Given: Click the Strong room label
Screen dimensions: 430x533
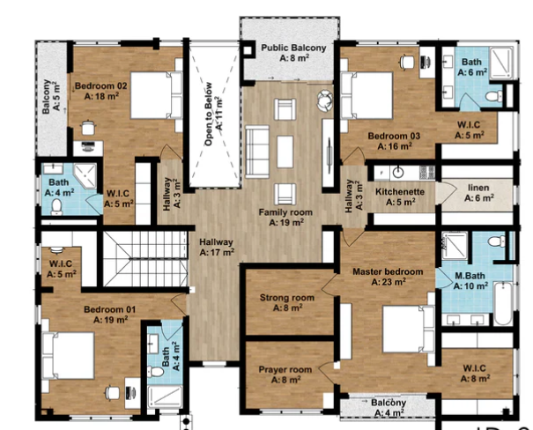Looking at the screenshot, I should [286, 303].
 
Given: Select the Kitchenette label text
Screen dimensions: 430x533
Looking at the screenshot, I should [401, 196].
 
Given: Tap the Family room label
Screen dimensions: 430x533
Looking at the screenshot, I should [281, 218].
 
